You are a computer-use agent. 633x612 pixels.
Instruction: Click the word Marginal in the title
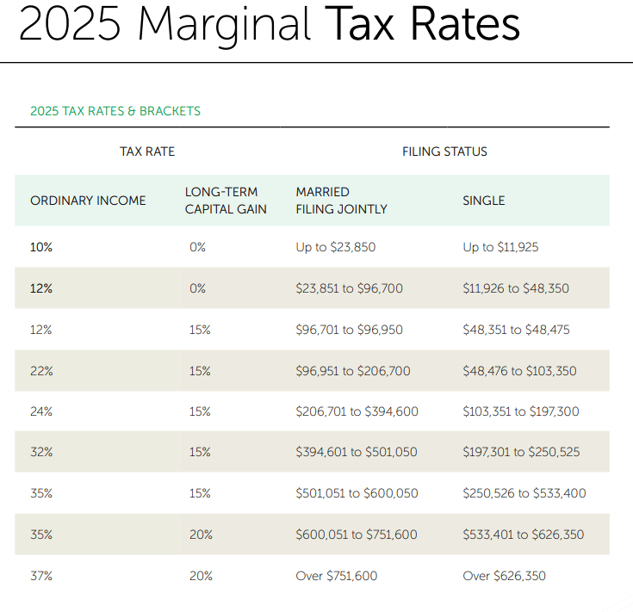coord(226,24)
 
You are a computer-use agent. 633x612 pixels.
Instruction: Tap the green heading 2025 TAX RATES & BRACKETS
coord(115,111)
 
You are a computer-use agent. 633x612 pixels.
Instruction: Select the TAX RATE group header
coord(147,151)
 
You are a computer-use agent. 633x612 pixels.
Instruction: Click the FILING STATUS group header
coord(444,151)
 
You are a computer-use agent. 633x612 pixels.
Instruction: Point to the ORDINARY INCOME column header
coord(88,201)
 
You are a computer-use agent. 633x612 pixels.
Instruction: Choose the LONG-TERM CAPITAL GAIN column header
coord(226,201)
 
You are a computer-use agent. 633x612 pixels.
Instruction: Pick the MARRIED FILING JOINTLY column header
coord(341,201)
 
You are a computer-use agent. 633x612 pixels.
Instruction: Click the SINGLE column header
coord(483,201)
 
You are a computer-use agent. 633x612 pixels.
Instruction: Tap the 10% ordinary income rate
coord(41,247)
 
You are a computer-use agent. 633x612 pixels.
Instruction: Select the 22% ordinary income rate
coord(41,371)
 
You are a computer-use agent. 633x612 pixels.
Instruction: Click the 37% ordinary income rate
coord(41,576)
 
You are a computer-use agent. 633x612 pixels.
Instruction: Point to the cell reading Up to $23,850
coord(335,247)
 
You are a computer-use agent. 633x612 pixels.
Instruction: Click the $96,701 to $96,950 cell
coord(349,330)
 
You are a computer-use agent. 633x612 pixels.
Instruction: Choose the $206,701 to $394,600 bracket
coord(357,411)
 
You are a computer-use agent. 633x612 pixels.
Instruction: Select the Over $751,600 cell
coord(336,576)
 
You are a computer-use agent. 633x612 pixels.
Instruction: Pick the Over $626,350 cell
coord(504,576)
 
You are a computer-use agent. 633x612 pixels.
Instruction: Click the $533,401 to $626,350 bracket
coord(523,535)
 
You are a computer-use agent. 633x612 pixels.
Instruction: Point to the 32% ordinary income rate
coord(41,453)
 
